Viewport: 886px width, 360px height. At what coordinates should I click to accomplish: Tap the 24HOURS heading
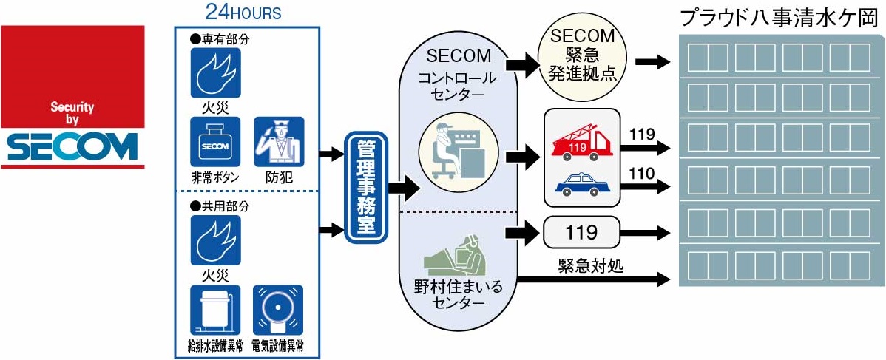point(243,13)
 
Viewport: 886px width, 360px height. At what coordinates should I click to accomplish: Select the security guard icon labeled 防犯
point(279,142)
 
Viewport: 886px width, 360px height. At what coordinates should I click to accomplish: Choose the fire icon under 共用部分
point(215,240)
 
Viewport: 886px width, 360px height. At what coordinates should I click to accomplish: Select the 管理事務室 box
point(365,188)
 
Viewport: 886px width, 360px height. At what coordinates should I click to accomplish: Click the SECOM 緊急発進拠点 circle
point(581,60)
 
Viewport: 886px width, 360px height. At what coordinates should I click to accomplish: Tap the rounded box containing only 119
point(581,234)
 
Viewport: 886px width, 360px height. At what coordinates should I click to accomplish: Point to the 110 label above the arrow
point(640,174)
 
